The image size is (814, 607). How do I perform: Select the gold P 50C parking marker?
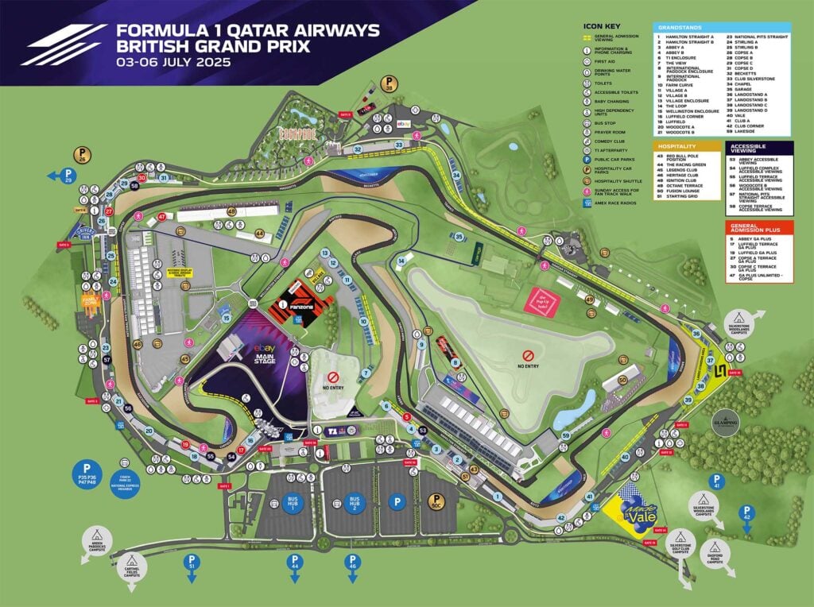[x=435, y=503]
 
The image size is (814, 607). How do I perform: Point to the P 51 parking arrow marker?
[x=191, y=563]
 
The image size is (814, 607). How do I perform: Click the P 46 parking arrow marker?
[x=352, y=563]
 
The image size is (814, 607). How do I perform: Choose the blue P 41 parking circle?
[x=716, y=482]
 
